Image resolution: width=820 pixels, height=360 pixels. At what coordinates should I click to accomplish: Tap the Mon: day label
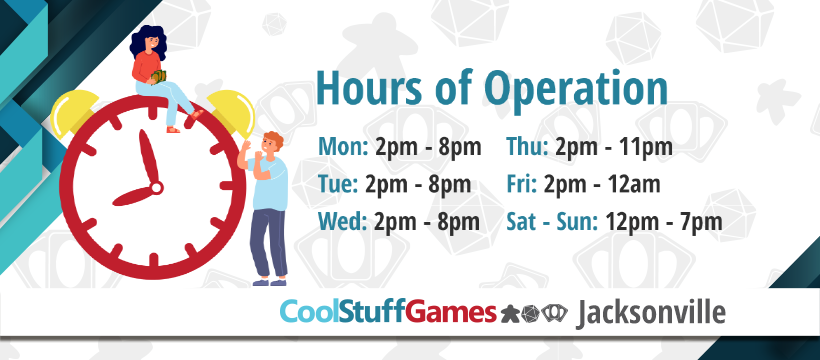[344, 147]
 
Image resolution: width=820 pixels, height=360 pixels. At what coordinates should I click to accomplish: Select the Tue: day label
[338, 184]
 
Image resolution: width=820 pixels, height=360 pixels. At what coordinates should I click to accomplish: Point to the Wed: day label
[343, 222]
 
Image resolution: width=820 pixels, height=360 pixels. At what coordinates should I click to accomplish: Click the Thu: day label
[527, 147]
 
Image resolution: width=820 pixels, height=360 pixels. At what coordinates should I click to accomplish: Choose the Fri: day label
[521, 184]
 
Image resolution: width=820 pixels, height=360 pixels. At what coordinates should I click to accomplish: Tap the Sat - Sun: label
[552, 222]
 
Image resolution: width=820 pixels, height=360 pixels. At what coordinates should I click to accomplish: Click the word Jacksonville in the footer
[651, 313]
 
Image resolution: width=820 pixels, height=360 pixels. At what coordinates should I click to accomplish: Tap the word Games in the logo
[450, 312]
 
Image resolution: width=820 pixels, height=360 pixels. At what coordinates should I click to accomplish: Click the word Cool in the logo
[310, 312]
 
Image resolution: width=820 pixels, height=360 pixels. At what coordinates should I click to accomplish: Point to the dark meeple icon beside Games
[510, 313]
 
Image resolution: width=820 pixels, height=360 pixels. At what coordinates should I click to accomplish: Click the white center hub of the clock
[156, 187]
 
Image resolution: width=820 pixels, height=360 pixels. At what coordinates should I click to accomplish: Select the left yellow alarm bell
[74, 111]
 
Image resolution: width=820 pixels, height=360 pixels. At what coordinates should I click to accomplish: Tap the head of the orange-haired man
[271, 145]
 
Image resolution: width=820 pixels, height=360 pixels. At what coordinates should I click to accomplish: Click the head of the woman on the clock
[150, 40]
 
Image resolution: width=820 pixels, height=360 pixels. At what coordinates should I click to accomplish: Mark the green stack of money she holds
[158, 76]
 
